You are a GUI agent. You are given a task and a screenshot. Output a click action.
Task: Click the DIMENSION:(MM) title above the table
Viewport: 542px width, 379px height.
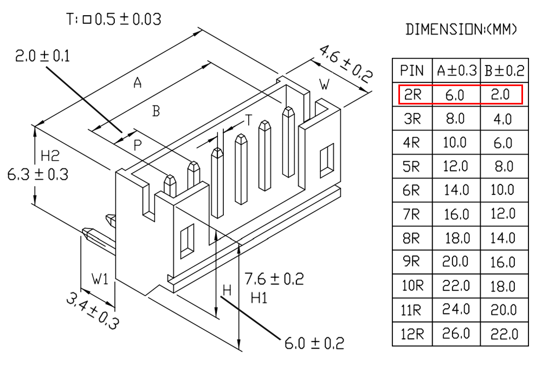click(x=461, y=30)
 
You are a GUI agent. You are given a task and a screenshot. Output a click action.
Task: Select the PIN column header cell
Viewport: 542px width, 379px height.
click(x=412, y=70)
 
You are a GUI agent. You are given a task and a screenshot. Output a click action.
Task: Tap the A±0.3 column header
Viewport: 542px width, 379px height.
click(x=456, y=70)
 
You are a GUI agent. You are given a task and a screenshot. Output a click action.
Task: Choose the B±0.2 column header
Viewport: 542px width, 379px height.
click(x=504, y=70)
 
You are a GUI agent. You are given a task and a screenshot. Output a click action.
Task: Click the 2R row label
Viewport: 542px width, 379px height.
click(x=412, y=95)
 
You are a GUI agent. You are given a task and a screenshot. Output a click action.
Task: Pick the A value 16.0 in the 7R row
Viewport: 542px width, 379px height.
click(x=456, y=214)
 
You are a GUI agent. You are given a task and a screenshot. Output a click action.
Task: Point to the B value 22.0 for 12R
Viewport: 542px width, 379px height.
click(x=504, y=334)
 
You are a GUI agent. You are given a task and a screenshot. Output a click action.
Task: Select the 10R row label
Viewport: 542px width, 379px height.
click(x=412, y=286)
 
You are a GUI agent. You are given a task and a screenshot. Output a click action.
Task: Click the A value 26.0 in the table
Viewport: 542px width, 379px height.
click(x=456, y=334)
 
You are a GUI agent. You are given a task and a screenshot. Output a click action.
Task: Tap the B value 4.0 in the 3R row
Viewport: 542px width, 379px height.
click(x=504, y=119)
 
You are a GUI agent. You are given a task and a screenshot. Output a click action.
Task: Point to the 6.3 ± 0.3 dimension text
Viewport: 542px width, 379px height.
click(x=37, y=174)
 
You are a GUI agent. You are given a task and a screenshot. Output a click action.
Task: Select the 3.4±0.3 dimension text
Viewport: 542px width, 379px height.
click(x=93, y=311)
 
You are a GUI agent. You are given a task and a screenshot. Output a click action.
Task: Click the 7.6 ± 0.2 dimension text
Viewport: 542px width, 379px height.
click(x=274, y=279)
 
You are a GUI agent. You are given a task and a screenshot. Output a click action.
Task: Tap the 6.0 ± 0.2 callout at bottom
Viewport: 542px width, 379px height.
click(x=314, y=343)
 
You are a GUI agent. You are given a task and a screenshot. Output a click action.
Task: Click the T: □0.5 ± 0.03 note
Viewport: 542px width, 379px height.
click(x=114, y=20)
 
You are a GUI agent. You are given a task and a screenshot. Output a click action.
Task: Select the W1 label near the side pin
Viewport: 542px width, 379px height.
click(x=100, y=279)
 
